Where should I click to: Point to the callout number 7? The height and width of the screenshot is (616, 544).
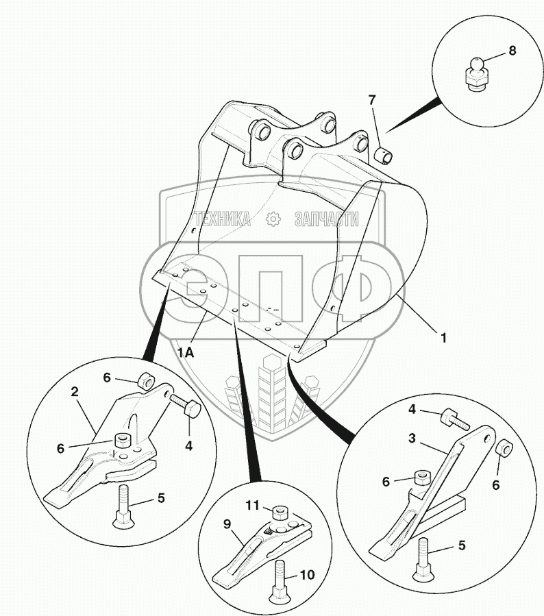coord(372,100)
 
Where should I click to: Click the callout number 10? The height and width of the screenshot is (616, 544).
coord(308,574)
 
